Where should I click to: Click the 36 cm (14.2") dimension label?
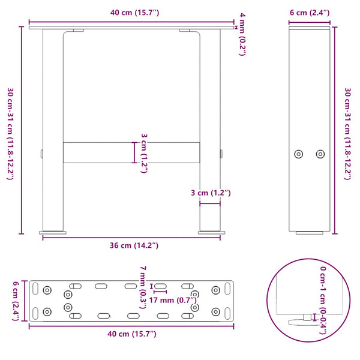[130, 245]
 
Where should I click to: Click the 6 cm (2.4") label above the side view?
[308, 14]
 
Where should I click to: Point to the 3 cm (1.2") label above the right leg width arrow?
[210, 193]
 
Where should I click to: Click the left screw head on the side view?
[299, 154]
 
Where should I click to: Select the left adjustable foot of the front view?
[53, 231]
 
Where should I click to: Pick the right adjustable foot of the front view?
[211, 231]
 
